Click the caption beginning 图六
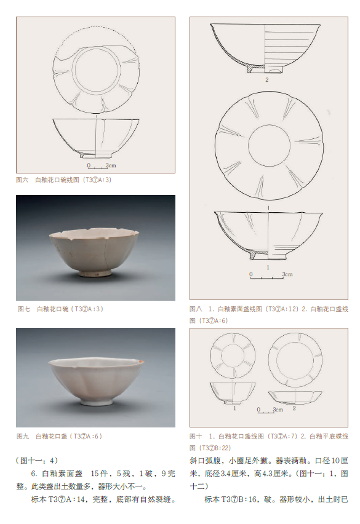[63, 180]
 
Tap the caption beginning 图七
[60, 309]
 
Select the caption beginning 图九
[59, 437]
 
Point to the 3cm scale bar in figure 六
[97, 167]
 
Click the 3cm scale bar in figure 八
[266, 277]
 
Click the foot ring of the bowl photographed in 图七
[95, 273]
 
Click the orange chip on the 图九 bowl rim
[142, 361]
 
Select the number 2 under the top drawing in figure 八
[266, 80]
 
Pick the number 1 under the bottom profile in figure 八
[268, 268]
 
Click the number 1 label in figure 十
[234, 408]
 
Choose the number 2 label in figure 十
[294, 408]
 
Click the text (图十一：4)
[37, 461]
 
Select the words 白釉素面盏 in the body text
[62, 474]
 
